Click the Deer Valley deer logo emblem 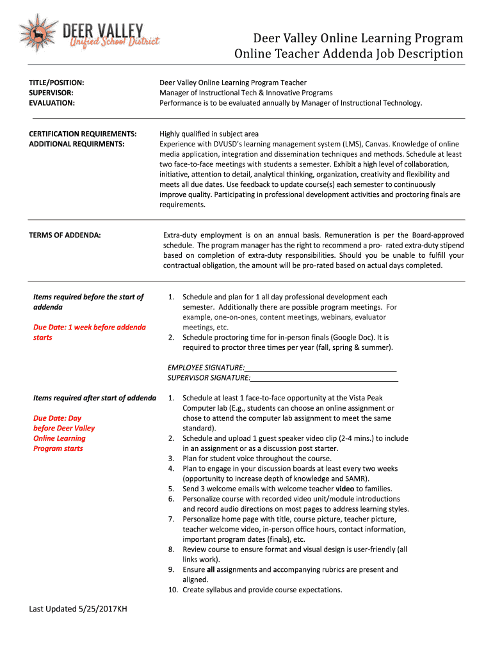[x=38, y=32]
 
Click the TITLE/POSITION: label [x=57, y=83]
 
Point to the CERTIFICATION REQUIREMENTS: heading [x=83, y=134]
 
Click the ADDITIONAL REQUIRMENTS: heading [x=76, y=144]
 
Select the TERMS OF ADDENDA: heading [x=65, y=235]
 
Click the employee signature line [x=320, y=368]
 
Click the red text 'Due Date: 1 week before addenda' [x=89, y=327]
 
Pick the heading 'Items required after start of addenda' [x=95, y=398]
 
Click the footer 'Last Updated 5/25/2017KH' [x=78, y=608]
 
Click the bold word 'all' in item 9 [x=211, y=569]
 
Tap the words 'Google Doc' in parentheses [x=348, y=337]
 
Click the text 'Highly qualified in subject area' [x=209, y=134]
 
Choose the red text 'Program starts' [x=58, y=448]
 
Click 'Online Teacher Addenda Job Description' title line [x=348, y=54]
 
